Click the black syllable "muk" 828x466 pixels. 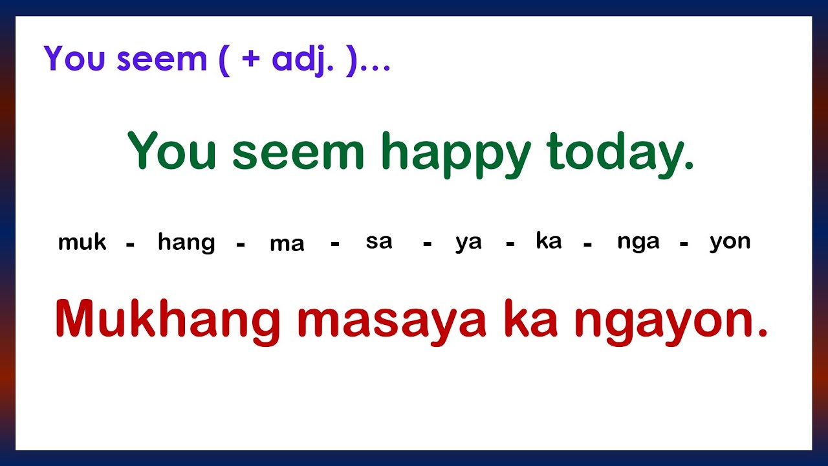[x=82, y=243]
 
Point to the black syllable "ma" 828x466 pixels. [x=287, y=245]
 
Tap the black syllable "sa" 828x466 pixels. [x=379, y=241]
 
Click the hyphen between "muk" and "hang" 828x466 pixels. [x=131, y=245]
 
